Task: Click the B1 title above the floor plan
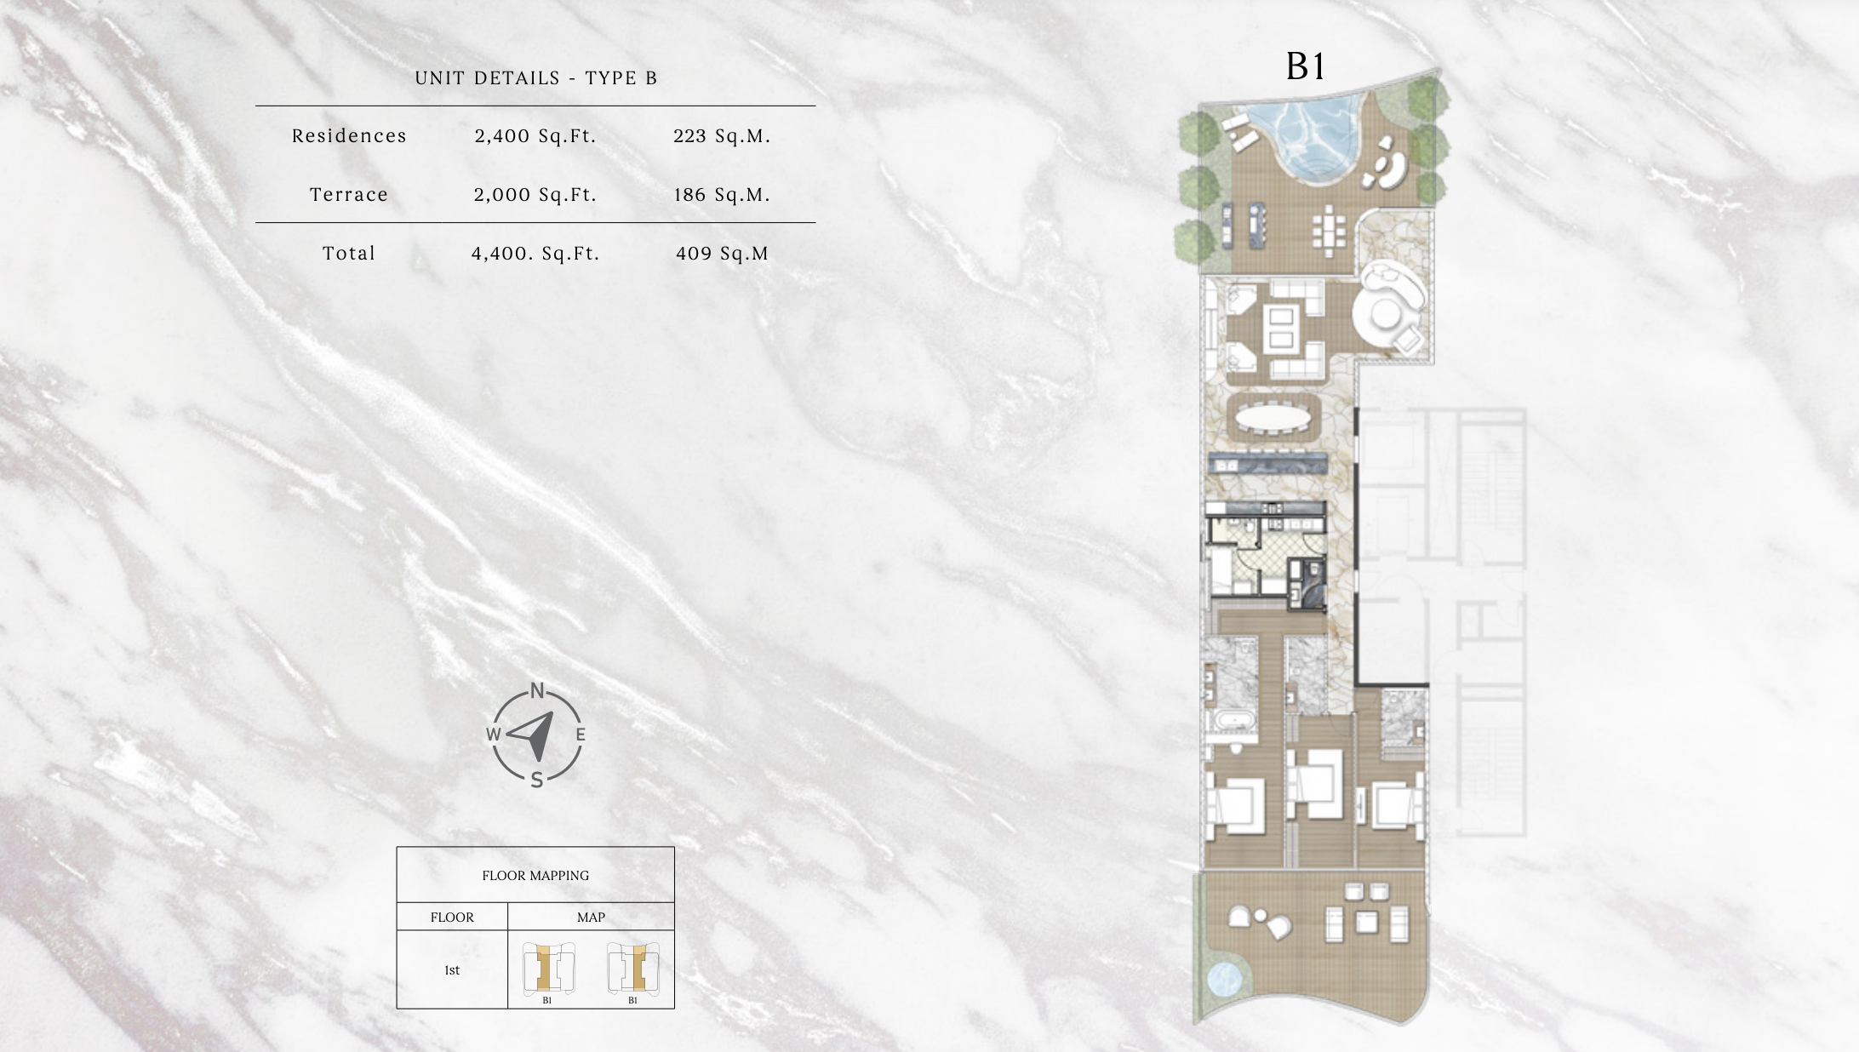pyautogui.click(x=1305, y=66)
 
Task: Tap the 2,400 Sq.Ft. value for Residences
pyautogui.click(x=535, y=136)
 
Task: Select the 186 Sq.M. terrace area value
pyautogui.click(x=722, y=195)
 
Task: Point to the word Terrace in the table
pyautogui.click(x=349, y=195)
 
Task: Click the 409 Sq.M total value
pyautogui.click(x=722, y=254)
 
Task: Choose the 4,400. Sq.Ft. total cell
pyautogui.click(x=535, y=254)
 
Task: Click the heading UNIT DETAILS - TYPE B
pyautogui.click(x=536, y=78)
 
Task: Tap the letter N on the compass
pyautogui.click(x=537, y=690)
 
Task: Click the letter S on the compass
pyautogui.click(x=537, y=780)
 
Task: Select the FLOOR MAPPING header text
pyautogui.click(x=535, y=876)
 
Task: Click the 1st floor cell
pyautogui.click(x=452, y=970)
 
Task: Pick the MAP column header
pyautogui.click(x=591, y=918)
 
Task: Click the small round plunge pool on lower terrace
pyautogui.click(x=1226, y=980)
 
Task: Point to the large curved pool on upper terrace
pyautogui.click(x=1311, y=136)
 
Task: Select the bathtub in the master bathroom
pyautogui.click(x=1229, y=721)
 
